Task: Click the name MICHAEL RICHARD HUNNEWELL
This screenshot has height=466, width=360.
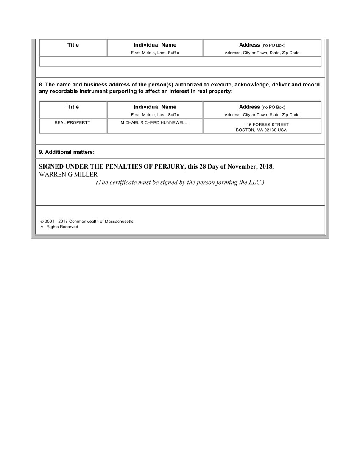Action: (x=153, y=122)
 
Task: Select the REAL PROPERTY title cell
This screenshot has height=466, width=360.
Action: (x=73, y=122)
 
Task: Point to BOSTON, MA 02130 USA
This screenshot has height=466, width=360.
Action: (x=261, y=130)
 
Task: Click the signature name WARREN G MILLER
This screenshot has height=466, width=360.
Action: (x=68, y=175)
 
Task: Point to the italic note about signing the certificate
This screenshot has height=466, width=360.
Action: (x=180, y=183)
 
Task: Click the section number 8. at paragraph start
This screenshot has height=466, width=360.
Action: (x=41, y=85)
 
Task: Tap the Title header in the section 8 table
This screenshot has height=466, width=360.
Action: (x=73, y=107)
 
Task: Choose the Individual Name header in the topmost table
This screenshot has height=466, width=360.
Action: (x=155, y=45)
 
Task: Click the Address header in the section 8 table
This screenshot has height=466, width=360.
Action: (x=249, y=107)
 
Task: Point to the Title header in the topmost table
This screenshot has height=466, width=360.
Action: (x=73, y=45)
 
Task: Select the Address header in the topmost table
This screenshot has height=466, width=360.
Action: (x=249, y=45)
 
